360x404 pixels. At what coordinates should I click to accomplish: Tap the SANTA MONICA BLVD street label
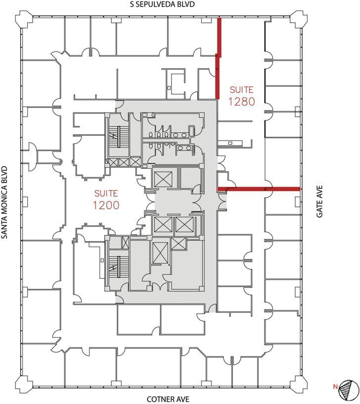(5, 202)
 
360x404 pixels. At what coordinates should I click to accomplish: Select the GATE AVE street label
(320, 202)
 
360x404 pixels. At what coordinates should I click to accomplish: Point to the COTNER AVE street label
(168, 399)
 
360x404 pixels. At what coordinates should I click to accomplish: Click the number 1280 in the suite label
(241, 101)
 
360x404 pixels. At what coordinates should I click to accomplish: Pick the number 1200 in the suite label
(106, 204)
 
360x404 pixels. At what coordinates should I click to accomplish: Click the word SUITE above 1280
(241, 90)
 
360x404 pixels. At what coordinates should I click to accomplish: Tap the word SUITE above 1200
(106, 192)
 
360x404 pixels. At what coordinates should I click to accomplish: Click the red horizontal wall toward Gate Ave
(259, 189)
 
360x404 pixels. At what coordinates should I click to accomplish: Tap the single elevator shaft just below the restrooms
(163, 178)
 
